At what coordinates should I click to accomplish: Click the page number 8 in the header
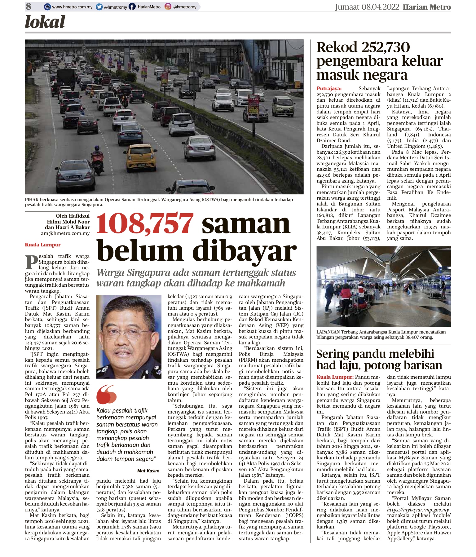pos(29,7)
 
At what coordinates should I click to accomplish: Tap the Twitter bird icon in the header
pos(99,7)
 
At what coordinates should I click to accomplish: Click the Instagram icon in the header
pos(168,7)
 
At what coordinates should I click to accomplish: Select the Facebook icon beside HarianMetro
pos(132,7)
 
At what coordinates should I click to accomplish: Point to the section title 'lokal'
pos(45,22)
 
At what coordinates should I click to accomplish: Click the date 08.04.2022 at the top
pos(380,7)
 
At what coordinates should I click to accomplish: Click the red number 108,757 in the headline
pos(145,224)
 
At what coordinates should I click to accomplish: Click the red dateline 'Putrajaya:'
pos(329,89)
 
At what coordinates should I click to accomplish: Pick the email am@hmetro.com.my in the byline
pos(65,233)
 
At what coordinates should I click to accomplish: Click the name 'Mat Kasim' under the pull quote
pos(148,471)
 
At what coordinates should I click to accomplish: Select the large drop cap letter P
pos(31,262)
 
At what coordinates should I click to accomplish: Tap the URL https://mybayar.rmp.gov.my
pos(418,510)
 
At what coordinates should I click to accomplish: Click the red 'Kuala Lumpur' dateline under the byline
pos(43,245)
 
